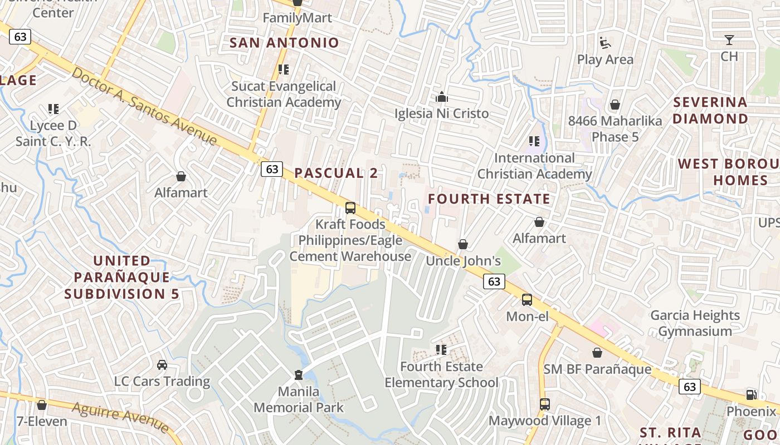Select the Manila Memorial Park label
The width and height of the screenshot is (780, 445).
click(x=299, y=399)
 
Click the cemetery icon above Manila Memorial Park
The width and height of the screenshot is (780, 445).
click(x=299, y=374)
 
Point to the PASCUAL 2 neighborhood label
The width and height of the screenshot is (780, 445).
click(x=336, y=173)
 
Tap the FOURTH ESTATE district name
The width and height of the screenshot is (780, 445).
click(x=489, y=199)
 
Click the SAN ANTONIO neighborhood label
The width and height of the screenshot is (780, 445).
click(x=284, y=43)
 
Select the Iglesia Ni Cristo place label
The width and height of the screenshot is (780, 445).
click(x=441, y=113)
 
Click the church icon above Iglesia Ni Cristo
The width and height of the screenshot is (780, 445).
click(x=442, y=97)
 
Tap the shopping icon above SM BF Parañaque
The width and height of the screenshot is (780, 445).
click(x=597, y=353)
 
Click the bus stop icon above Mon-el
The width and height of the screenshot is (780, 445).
click(x=526, y=300)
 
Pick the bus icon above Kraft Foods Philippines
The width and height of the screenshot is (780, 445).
click(x=350, y=208)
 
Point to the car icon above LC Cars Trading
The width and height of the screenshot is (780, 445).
click(x=162, y=365)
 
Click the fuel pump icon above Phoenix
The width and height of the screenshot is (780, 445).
click(x=751, y=395)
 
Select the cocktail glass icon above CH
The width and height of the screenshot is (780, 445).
click(x=729, y=40)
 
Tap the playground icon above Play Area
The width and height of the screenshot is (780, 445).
click(x=605, y=43)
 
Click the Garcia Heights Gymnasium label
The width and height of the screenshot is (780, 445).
click(x=695, y=323)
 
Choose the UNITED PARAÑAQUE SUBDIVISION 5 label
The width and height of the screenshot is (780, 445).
click(x=121, y=277)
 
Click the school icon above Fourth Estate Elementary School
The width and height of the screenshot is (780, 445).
click(x=441, y=350)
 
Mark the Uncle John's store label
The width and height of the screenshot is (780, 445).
click(x=463, y=261)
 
